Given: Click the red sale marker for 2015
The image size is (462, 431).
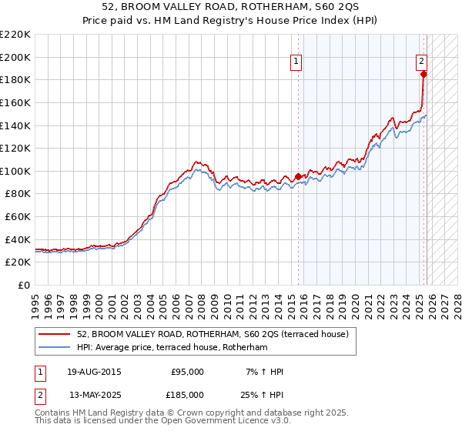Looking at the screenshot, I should tap(299, 176).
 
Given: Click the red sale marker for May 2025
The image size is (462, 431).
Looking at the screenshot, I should tap(423, 75).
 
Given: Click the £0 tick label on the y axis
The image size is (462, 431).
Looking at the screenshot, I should tap(24, 286).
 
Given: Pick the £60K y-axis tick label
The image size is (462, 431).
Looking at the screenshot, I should tap(18, 217).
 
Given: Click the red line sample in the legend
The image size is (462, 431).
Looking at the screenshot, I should tap(54, 334).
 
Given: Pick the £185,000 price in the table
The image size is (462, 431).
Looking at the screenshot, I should tap(187, 394).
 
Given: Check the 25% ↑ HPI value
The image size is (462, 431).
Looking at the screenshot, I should tap(260, 394).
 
